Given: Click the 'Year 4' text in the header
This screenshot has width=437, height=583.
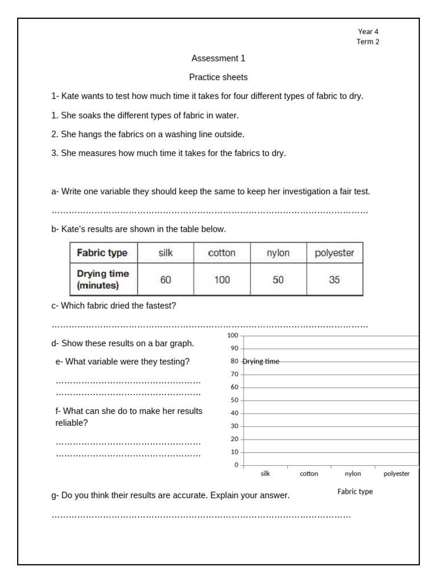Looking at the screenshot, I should [368, 32].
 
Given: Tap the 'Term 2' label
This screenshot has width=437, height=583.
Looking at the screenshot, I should [368, 42].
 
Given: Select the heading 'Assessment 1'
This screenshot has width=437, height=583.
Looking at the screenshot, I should [218, 58].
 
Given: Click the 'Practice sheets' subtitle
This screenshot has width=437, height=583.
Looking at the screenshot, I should [218, 77].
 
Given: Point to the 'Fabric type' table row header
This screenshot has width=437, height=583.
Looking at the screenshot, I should [102, 253].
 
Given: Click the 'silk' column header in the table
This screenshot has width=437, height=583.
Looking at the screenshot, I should [166, 253].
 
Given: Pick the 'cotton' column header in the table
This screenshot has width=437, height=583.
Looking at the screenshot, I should [222, 253].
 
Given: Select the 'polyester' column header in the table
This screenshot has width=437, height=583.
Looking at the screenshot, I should [335, 253].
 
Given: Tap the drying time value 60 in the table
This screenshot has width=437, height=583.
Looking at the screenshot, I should [166, 280].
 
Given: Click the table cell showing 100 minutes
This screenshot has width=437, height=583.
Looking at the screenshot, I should [222, 280].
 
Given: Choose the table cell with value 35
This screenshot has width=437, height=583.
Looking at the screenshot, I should [335, 280].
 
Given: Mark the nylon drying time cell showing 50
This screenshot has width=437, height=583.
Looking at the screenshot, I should [278, 280].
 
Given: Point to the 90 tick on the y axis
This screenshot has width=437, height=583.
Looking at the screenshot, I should [234, 348].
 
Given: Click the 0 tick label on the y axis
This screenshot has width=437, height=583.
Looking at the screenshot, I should [236, 465].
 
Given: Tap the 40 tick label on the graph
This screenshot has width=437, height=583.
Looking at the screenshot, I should [234, 413].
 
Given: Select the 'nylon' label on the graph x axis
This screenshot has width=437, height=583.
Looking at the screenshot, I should [353, 474].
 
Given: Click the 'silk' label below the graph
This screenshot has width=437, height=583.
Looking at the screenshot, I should [265, 474].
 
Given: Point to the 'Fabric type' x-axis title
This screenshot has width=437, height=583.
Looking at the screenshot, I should [355, 491].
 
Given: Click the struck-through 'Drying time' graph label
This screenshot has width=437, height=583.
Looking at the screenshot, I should [261, 362].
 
